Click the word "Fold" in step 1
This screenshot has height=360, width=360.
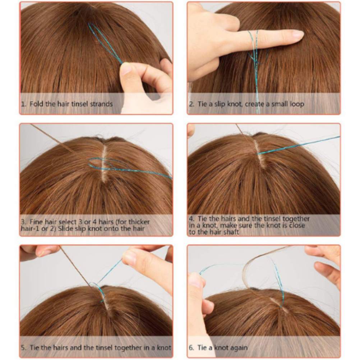click(37, 104)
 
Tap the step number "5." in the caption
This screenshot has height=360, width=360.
click(24, 347)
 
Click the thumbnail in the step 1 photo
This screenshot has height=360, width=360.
click(126, 69)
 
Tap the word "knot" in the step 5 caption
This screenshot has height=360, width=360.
click(164, 347)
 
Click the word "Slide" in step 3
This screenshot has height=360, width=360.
click(65, 229)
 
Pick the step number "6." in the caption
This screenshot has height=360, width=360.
click(192, 347)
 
